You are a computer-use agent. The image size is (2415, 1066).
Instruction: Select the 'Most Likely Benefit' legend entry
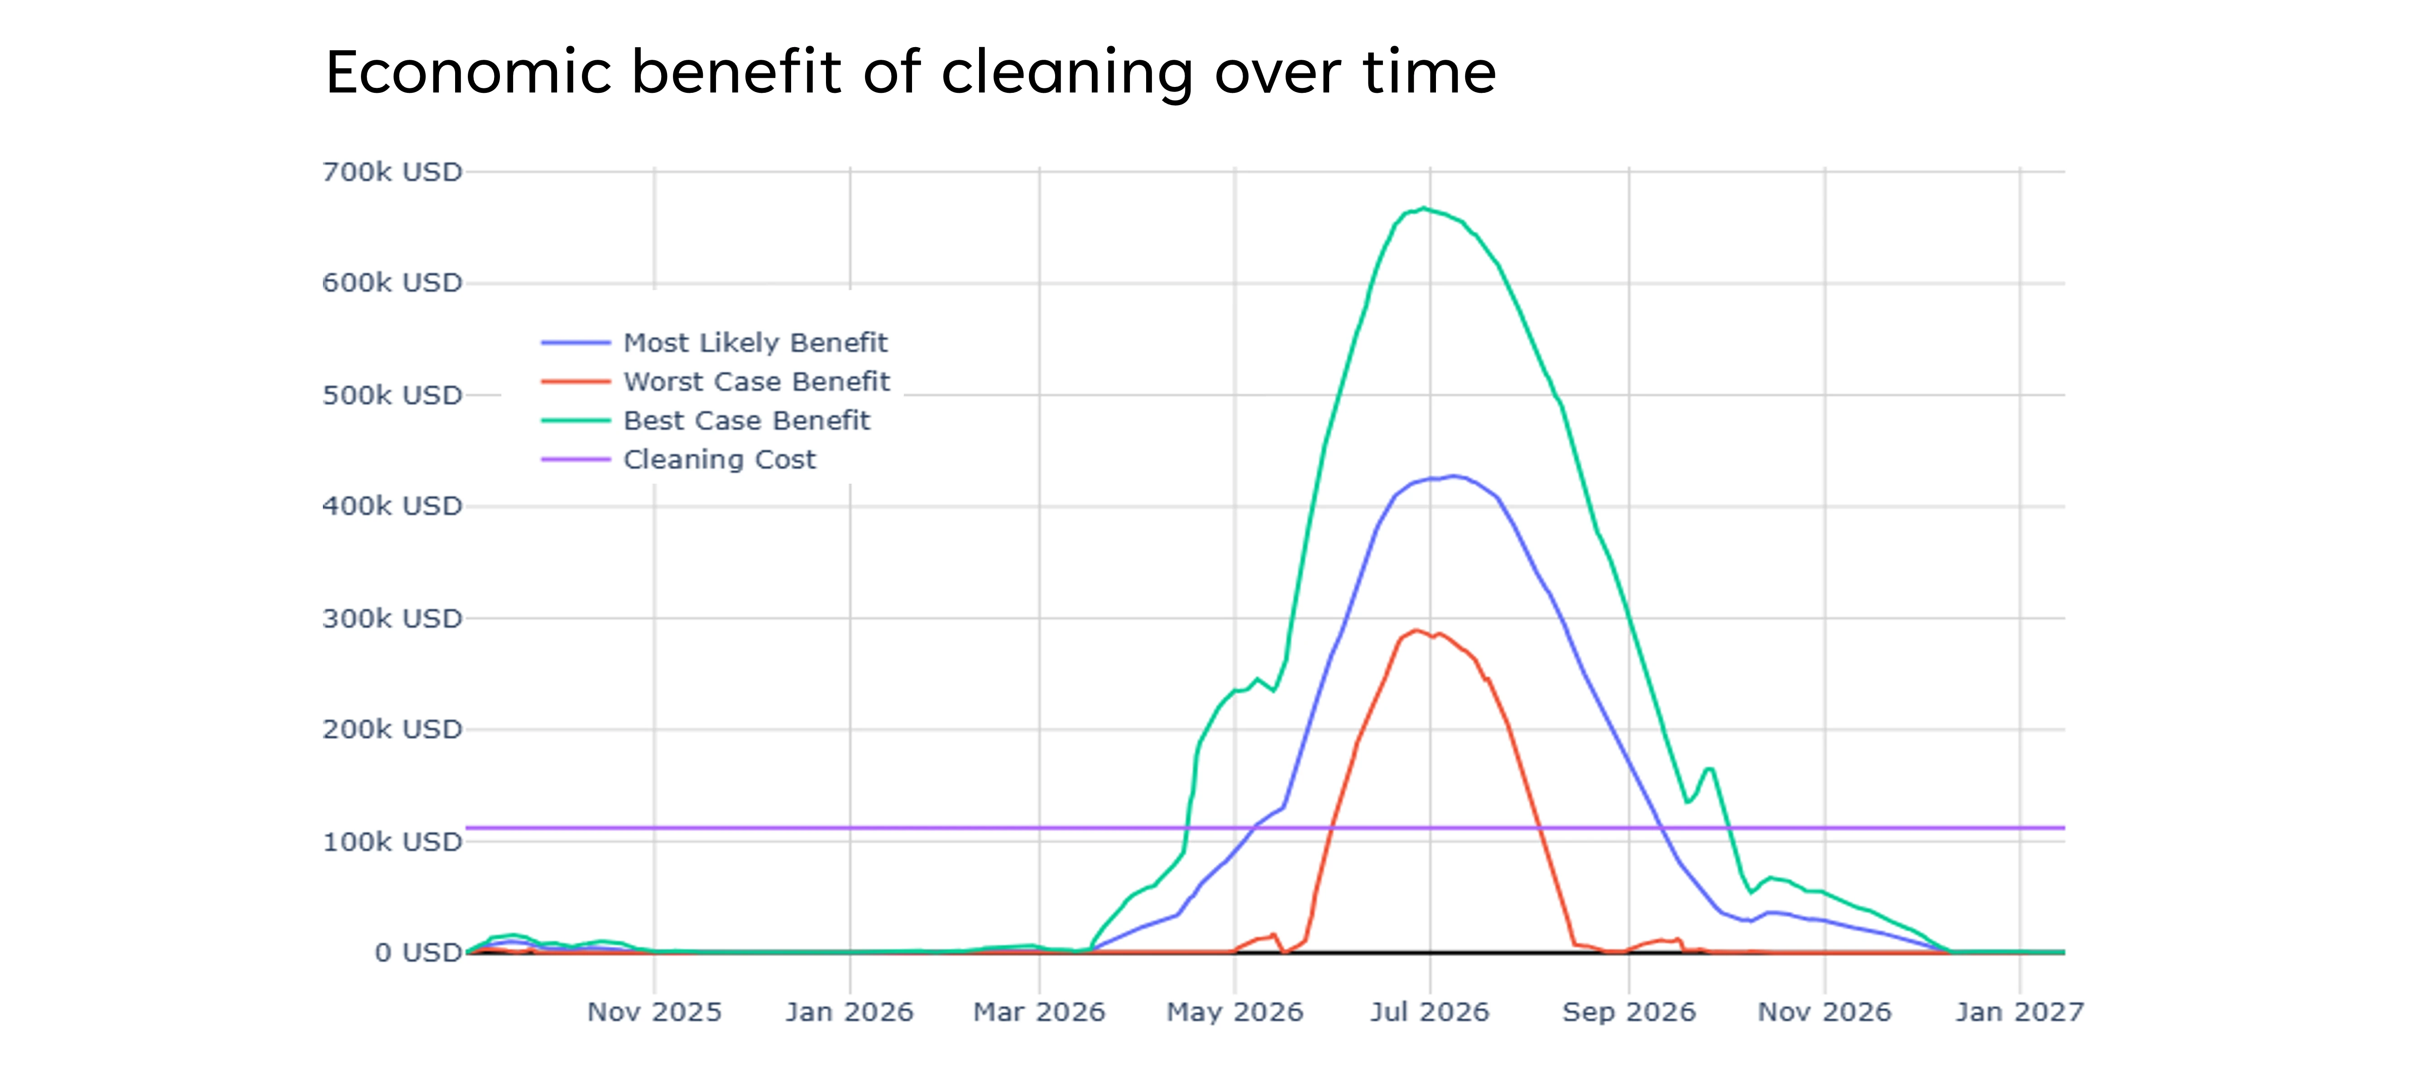coord(755,343)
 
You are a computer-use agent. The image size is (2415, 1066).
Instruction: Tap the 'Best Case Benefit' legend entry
coord(746,421)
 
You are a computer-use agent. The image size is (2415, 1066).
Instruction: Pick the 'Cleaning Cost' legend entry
coord(719,459)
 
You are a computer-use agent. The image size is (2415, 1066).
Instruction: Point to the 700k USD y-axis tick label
coord(392,173)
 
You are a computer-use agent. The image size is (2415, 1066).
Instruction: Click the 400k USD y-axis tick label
coord(392,506)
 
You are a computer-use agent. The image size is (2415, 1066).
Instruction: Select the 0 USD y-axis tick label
coord(418,952)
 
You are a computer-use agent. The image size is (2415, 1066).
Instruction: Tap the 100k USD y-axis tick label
coord(392,842)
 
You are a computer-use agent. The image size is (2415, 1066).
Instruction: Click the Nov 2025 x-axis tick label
coord(654,1013)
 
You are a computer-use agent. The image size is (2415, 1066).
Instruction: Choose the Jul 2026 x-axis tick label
coord(1430,1013)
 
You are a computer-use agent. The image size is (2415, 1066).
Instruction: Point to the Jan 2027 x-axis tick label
coord(2019,1013)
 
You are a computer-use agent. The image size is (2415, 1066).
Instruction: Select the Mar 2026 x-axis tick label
coord(1039,1013)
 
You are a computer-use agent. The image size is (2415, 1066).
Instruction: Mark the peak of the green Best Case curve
coord(1423,208)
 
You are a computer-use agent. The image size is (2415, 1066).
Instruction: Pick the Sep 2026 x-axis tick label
coord(1628,1013)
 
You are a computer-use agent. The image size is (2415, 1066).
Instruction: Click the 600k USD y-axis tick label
coord(392,283)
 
